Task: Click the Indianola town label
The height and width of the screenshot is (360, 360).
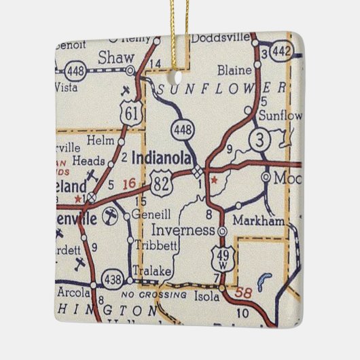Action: [160, 156]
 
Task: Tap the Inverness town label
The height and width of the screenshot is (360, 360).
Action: [182, 231]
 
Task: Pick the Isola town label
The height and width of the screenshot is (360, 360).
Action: [207, 296]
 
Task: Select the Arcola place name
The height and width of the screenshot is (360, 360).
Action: [73, 293]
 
